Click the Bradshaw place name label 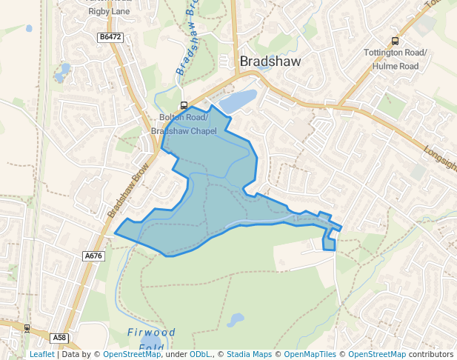coord(270,61)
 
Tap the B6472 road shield coord(110,36)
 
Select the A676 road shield coord(93,256)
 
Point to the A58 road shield coord(60,338)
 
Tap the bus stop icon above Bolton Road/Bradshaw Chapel coord(184,105)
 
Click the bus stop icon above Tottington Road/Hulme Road coord(395,41)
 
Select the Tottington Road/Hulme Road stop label coord(396,59)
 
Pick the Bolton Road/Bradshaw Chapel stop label coord(184,124)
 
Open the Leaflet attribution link coord(41,355)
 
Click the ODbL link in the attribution coord(199,355)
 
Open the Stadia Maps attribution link coord(249,355)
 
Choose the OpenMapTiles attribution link coord(308,355)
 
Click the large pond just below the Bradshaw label coord(238,101)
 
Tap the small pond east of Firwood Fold coord(236,320)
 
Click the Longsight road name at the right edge coord(440,157)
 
